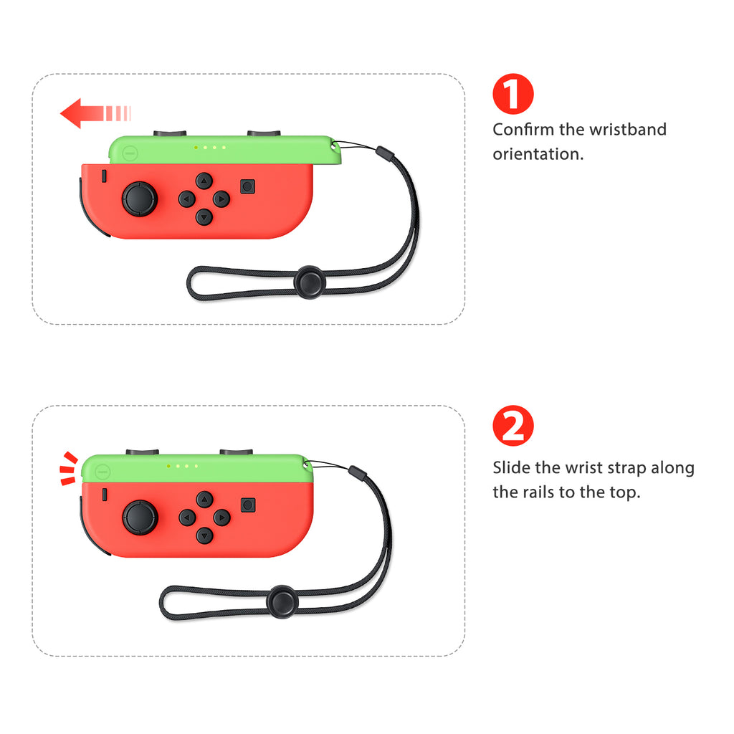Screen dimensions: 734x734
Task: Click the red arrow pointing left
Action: click(93, 113)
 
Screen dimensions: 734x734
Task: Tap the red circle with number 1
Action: click(513, 94)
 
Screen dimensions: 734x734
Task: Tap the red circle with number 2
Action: click(513, 426)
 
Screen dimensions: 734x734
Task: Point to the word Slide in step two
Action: click(512, 468)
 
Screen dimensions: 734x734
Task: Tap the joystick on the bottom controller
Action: click(140, 518)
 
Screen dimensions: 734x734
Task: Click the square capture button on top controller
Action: click(247, 186)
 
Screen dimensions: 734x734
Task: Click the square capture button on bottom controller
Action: click(247, 505)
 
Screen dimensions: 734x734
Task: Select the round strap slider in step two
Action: click(283, 601)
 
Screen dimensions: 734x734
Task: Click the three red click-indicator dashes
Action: click(67, 468)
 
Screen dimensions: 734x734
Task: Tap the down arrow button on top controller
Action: click(204, 216)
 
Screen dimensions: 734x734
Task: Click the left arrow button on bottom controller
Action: click(187, 517)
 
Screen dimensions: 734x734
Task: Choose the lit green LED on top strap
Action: click(196, 148)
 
